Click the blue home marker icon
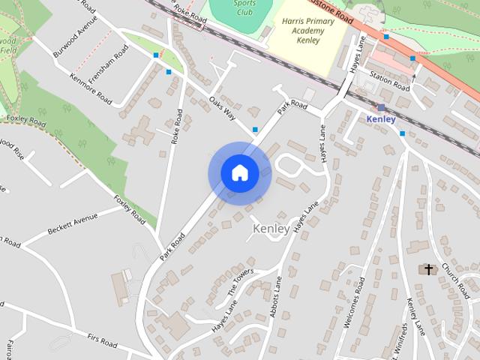(239, 173)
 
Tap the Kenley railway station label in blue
(381, 119)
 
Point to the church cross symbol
(429, 268)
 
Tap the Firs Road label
(102, 342)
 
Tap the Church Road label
(454, 278)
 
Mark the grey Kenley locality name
(271, 229)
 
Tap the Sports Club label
(244, 7)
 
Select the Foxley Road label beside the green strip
(130, 209)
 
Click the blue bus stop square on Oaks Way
(256, 129)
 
